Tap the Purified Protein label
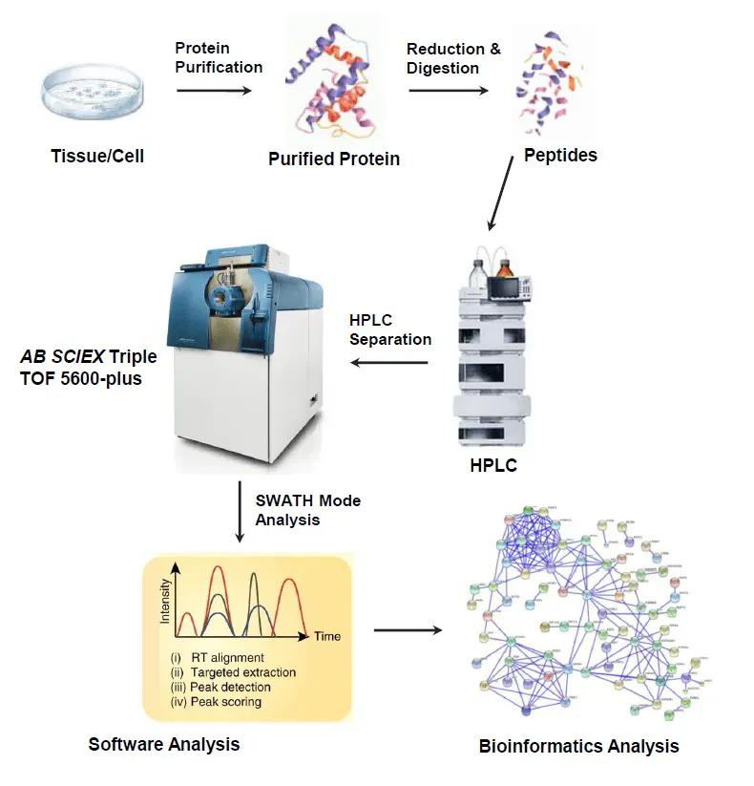(334, 159)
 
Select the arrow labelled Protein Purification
(215, 91)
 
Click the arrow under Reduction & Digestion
(447, 91)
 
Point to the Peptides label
(561, 155)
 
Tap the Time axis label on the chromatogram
(326, 635)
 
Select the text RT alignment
(226, 658)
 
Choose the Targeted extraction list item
(242, 672)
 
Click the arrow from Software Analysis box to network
(408, 630)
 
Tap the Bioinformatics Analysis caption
(578, 746)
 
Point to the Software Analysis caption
(164, 743)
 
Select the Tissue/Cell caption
(97, 155)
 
